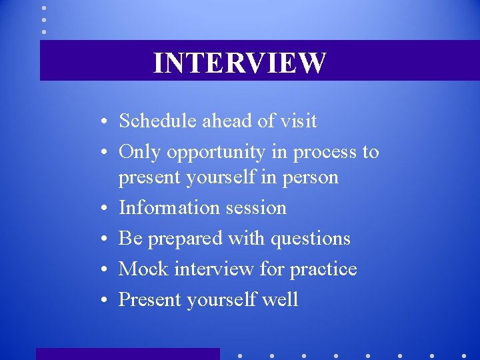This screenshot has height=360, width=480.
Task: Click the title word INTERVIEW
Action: click(240, 63)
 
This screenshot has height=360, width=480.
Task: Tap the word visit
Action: click(298, 121)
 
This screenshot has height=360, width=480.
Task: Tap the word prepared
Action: click(185, 239)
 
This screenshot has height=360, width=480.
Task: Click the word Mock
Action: click(143, 269)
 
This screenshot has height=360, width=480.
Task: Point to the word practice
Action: click(323, 269)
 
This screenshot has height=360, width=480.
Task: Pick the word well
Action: click(282, 300)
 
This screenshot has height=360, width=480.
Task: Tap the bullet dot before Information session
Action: click(106, 209)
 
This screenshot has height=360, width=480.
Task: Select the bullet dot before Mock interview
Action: click(106, 270)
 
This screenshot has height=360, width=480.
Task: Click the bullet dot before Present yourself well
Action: click(106, 301)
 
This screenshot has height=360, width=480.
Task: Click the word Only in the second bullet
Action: click(140, 153)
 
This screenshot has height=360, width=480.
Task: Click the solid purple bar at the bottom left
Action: click(127, 354)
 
